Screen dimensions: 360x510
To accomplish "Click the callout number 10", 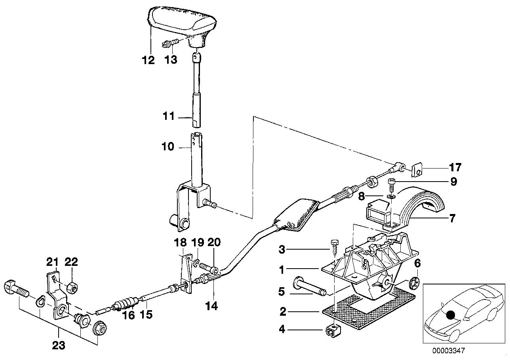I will coord(168,147).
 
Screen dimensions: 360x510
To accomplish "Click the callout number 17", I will coord(455,167).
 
